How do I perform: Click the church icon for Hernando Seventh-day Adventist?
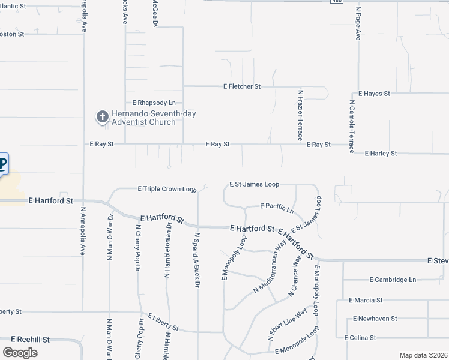pyautogui.click(x=102, y=117)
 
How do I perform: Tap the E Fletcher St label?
pyautogui.click(x=241, y=86)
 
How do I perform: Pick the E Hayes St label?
pyautogui.click(x=374, y=94)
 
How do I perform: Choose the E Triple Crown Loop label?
pyautogui.click(x=167, y=188)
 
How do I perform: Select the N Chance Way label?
pyautogui.click(x=295, y=275)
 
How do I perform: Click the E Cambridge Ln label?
pyautogui.click(x=393, y=280)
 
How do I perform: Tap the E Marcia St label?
pyautogui.click(x=366, y=300)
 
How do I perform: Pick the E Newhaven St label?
pyautogui.click(x=375, y=319)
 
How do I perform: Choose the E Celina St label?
pyautogui.click(x=360, y=338)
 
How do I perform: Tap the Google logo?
pyautogui.click(x=20, y=352)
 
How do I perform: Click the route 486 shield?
pyautogui.click(x=337, y=2)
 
